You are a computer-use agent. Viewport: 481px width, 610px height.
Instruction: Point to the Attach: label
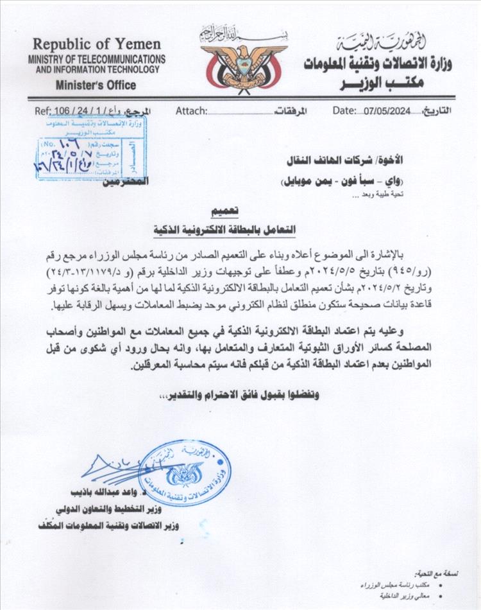point(191,110)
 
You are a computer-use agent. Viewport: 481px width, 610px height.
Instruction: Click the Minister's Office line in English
point(96,85)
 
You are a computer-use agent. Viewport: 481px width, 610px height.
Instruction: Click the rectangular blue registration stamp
point(90,150)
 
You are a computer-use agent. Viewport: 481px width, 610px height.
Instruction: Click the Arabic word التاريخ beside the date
point(435,110)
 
